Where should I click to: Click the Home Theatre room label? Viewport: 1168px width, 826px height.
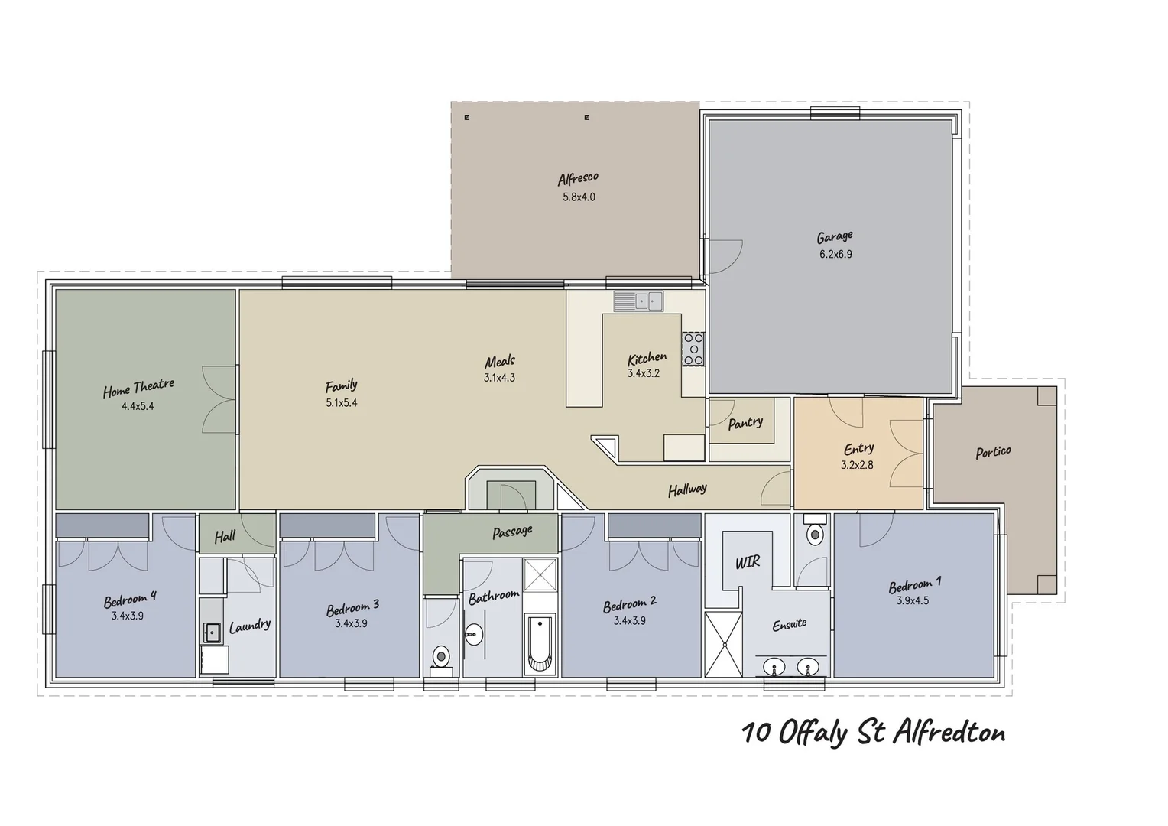(138, 389)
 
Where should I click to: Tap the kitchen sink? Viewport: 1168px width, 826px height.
(638, 301)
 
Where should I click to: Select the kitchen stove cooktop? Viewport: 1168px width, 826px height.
(693, 349)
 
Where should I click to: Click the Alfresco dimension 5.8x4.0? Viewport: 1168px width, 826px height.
(579, 197)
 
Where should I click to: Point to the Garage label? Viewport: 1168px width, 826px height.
(835, 237)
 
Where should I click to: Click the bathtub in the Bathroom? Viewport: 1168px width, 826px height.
(540, 643)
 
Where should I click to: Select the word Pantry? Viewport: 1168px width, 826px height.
(745, 422)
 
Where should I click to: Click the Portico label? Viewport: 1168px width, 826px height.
(993, 452)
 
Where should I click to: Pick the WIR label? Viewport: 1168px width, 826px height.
(747, 563)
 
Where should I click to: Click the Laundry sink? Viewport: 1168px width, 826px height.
(212, 632)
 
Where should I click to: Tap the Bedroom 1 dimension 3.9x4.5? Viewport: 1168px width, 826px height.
(913, 601)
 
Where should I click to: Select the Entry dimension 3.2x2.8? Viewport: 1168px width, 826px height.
(857, 464)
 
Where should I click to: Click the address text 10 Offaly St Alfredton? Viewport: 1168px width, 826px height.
(873, 733)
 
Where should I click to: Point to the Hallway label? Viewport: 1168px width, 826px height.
(687, 489)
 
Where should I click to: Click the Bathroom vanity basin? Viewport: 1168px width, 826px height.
(474, 633)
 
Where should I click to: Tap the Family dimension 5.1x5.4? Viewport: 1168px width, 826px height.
(341, 402)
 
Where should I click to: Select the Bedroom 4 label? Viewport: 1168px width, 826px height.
(130, 599)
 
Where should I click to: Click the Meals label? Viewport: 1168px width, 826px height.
(500, 361)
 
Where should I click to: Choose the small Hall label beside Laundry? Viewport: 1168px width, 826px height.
(225, 537)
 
